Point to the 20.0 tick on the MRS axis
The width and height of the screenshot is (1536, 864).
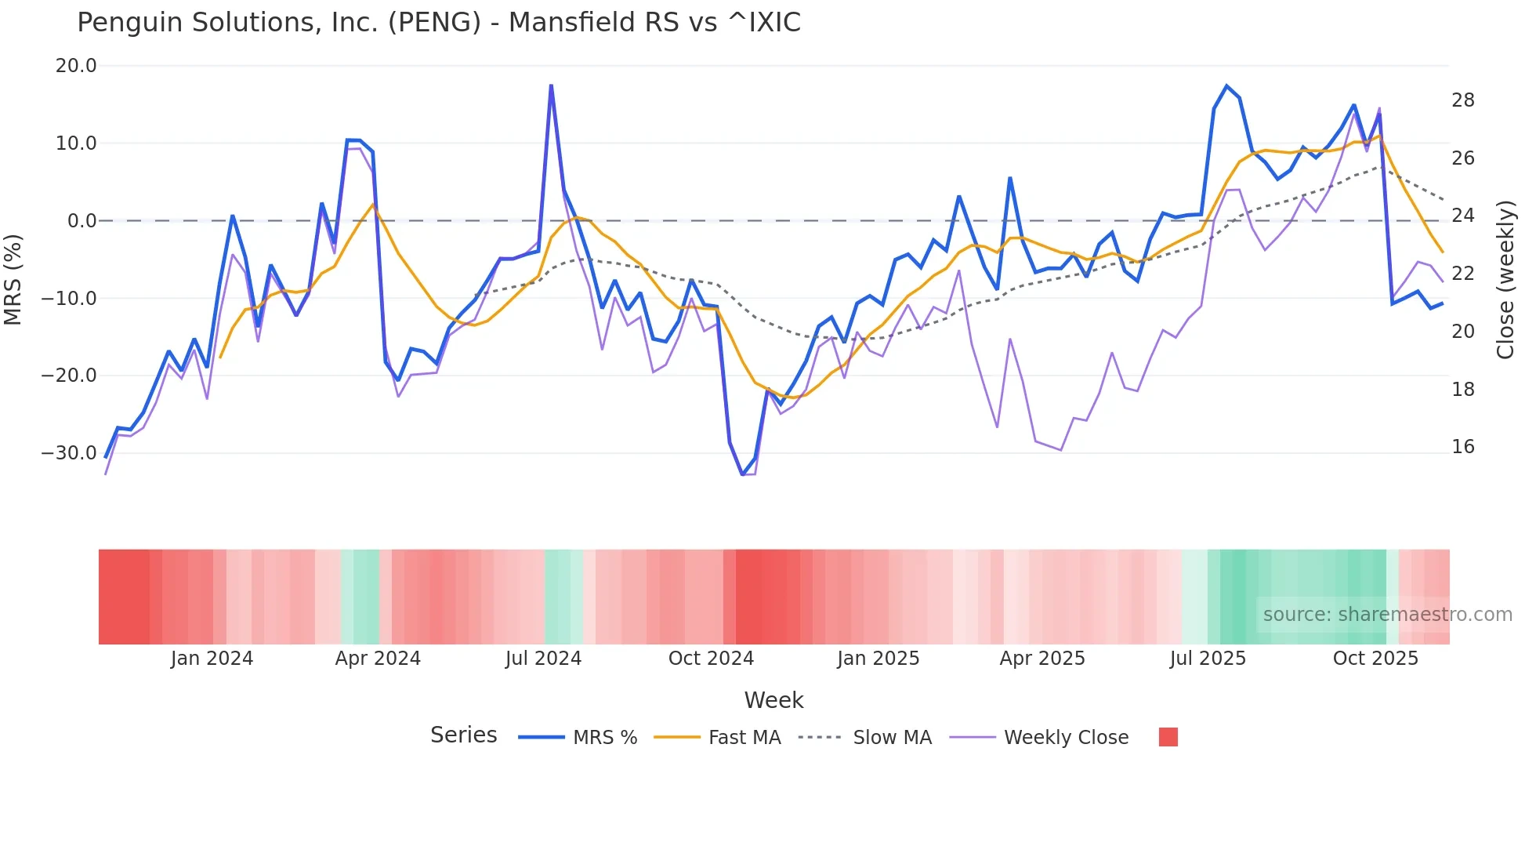click(x=76, y=66)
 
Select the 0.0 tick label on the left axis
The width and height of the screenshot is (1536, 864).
click(x=82, y=221)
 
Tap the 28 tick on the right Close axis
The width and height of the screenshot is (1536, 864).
click(x=1462, y=100)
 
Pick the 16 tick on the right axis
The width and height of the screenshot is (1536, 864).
click(x=1462, y=447)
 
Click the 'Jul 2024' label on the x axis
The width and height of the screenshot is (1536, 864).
click(x=543, y=659)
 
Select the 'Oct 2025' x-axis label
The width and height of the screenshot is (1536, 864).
click(x=1375, y=659)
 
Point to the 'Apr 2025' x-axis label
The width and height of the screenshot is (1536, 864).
click(x=1042, y=659)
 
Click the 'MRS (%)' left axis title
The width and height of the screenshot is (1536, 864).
click(x=13, y=279)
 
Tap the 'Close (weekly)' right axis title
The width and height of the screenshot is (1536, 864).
click(x=1505, y=280)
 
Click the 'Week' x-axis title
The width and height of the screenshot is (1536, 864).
click(x=773, y=700)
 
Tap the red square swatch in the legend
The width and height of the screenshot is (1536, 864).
click(x=1168, y=737)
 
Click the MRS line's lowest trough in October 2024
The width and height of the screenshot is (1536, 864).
click(x=742, y=474)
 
